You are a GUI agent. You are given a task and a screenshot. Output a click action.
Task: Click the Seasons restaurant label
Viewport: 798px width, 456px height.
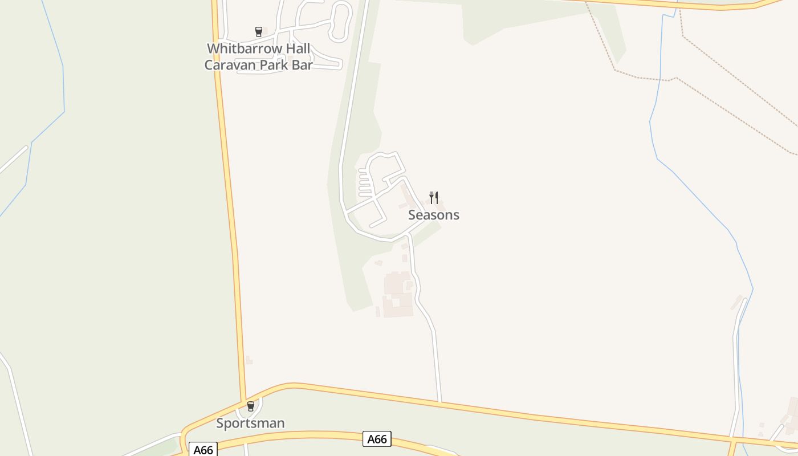point(433,215)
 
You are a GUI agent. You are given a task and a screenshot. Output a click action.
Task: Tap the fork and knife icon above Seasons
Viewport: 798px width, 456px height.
point(434,198)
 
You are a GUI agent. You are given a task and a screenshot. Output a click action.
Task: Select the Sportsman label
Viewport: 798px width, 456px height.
point(250,423)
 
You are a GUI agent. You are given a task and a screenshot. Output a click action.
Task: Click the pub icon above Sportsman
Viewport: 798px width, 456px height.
point(250,406)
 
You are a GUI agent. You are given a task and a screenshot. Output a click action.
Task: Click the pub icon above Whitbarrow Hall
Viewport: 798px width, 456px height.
point(259,32)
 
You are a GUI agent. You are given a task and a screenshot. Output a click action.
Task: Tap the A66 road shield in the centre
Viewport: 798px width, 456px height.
point(377,439)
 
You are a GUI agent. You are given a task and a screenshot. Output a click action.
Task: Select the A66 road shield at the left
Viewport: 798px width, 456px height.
point(203,450)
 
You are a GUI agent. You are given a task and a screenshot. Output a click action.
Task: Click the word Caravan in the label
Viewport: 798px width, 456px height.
point(230,65)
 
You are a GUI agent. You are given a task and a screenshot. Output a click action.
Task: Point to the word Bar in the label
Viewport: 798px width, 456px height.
point(302,65)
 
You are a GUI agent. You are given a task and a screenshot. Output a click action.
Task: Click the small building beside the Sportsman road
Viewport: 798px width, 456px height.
point(249,360)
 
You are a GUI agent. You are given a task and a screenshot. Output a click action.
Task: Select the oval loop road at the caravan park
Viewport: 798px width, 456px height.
point(341,22)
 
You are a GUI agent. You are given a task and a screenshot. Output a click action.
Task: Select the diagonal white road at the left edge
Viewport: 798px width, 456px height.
point(13,160)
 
